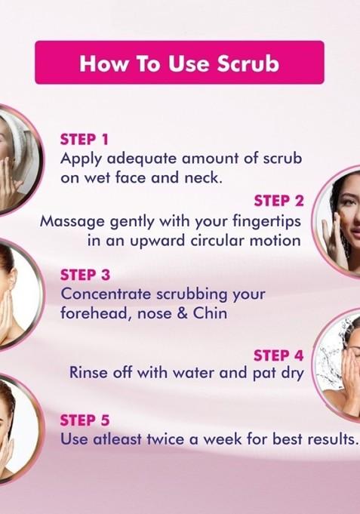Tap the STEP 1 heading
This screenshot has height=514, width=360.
85,140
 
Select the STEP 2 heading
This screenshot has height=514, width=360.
279,201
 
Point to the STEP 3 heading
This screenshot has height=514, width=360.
85,275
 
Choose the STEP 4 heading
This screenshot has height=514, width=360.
278,355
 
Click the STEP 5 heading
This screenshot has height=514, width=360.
85,420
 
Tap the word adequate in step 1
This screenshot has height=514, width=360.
143,159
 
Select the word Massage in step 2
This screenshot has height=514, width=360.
72,222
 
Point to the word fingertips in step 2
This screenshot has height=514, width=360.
266,221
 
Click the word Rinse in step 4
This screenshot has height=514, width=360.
88,373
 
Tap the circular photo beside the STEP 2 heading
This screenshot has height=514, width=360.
336,222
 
